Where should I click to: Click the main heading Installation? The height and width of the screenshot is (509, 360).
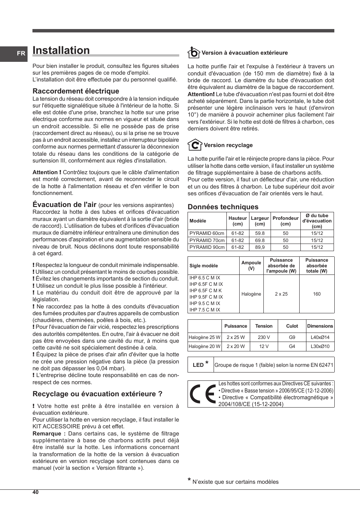[61, 51]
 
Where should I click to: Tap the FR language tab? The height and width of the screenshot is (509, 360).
[21, 54]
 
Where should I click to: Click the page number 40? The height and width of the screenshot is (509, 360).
[35, 492]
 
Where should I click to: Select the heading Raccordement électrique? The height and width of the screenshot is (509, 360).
[76, 91]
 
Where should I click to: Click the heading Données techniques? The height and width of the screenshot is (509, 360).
[223, 207]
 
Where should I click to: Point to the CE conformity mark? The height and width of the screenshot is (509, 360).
[203, 394]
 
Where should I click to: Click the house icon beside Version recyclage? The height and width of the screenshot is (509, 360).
[195, 145]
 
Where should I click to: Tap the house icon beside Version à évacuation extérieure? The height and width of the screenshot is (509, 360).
[194, 52]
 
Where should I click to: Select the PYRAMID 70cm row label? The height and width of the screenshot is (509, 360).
[207, 240]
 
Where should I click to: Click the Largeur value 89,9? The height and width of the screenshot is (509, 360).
[260, 247]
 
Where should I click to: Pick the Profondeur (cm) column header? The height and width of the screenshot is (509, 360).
[286, 221]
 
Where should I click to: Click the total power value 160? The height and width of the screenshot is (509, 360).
[317, 294]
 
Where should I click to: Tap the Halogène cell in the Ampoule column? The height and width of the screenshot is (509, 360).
[251, 294]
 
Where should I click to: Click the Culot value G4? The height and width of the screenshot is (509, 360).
[292, 346]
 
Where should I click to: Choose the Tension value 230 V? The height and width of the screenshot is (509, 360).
[264, 337]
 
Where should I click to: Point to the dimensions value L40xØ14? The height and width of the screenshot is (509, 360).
[320, 337]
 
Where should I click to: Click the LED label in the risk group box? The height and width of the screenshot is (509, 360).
[198, 365]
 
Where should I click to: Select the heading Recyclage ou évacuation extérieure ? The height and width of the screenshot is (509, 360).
[97, 394]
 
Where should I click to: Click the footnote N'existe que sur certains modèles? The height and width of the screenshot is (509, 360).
[235, 482]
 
